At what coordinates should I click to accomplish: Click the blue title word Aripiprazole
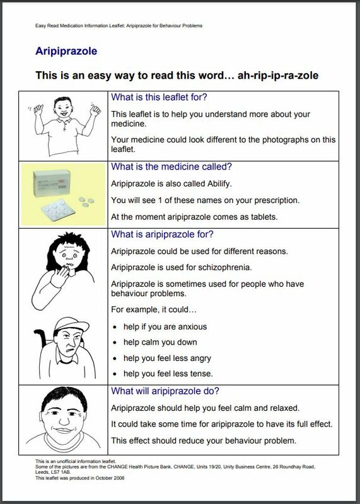click(66, 51)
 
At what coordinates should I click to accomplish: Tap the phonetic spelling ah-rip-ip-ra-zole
click(278, 76)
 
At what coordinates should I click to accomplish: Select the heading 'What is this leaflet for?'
click(159, 97)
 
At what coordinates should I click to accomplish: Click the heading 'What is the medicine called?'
click(171, 166)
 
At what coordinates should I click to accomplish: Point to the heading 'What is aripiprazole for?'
click(162, 234)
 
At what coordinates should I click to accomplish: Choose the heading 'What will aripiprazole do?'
click(165, 391)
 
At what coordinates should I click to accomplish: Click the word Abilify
click(219, 184)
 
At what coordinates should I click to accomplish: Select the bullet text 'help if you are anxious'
click(165, 327)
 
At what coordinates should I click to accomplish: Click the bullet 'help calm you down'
click(160, 342)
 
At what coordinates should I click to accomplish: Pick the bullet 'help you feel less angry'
click(167, 358)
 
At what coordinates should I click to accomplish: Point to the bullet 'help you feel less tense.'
click(168, 374)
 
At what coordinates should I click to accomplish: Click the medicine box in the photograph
click(52, 183)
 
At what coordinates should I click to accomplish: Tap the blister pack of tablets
click(58, 210)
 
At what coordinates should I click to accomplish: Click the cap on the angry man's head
click(71, 324)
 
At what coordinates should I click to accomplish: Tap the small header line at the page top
click(119, 26)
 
